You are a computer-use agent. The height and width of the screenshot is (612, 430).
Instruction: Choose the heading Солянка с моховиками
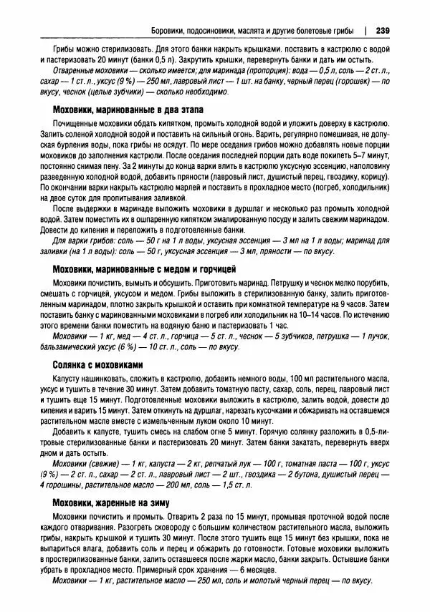103,364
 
